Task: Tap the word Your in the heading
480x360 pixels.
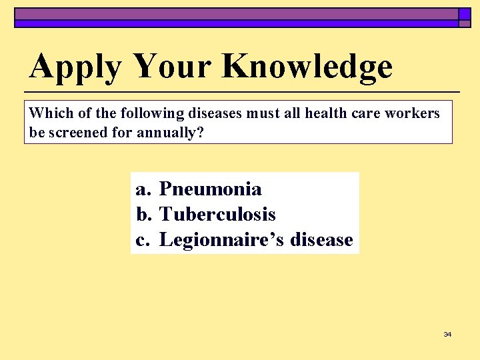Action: coord(172,67)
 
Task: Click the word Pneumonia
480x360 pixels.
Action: coord(211,189)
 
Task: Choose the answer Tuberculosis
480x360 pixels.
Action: coord(217,215)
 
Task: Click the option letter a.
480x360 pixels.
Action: coord(142,190)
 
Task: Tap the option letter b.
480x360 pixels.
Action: coord(143,215)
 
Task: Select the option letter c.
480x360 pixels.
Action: coord(142,240)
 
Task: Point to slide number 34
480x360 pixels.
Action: coord(447,334)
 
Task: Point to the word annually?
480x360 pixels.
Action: coord(170,133)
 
